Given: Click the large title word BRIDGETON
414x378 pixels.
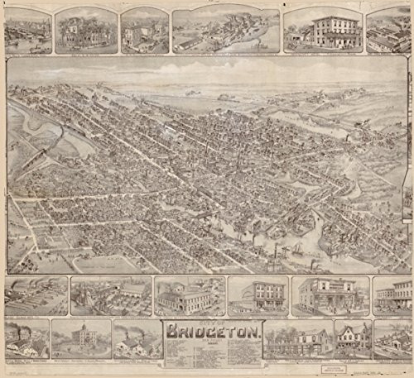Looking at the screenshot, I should (214, 333).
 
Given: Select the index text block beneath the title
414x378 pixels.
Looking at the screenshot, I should (214, 353).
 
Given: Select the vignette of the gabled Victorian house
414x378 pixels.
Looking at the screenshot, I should (353, 338).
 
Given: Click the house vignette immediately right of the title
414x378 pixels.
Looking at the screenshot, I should (298, 339).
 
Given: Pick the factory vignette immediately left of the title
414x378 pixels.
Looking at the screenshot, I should (136, 339).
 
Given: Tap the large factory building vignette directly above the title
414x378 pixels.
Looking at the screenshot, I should (189, 295).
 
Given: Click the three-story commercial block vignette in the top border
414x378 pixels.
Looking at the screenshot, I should (323, 29).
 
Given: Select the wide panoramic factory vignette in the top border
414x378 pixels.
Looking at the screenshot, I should (225, 30).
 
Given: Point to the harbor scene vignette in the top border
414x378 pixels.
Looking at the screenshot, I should (26, 29).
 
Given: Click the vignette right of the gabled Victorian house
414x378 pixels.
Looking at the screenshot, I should (392, 339).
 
